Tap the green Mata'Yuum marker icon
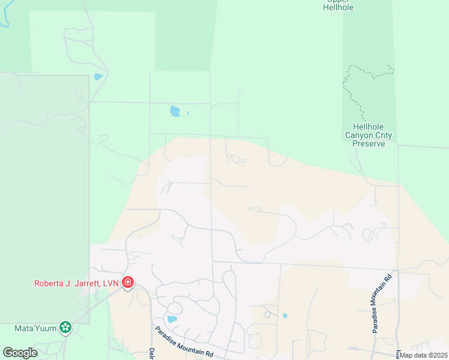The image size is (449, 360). coord(65,328)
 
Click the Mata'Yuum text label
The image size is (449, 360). coord(35,328)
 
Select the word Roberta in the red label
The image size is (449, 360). coord(50,283)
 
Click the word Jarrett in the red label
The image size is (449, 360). coord(83,283)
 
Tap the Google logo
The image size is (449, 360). coord(20,352)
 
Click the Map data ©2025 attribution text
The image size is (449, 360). coord(423,355)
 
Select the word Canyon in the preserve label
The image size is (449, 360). coord(358,136)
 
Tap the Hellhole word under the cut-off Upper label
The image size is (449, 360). coord(339,8)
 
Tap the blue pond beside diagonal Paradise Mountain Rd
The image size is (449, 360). coord(172,319)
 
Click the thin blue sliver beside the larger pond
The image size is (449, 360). coord(188,113)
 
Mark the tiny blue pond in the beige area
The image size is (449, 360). coord(285,316)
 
